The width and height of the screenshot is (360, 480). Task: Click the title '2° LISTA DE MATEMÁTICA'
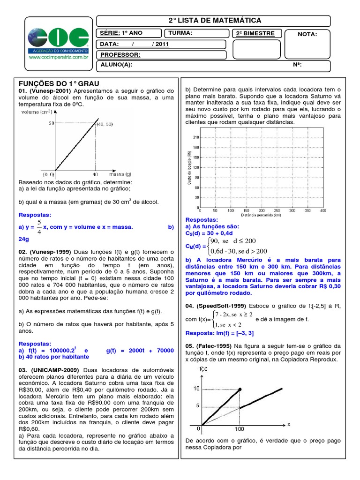[x=214, y=21]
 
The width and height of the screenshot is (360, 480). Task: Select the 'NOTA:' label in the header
[x=307, y=34]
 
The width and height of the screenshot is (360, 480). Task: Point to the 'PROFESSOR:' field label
[x=120, y=55]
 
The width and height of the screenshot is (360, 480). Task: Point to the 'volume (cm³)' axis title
[x=36, y=112]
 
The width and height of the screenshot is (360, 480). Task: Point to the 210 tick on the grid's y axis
[x=195, y=137]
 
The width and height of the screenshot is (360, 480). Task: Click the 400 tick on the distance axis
[x=322, y=211]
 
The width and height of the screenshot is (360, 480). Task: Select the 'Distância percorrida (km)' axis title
[x=261, y=215]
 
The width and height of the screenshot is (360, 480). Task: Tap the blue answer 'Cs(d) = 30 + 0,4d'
[x=210, y=233]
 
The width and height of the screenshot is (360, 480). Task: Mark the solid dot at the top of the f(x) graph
[x=240, y=389]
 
